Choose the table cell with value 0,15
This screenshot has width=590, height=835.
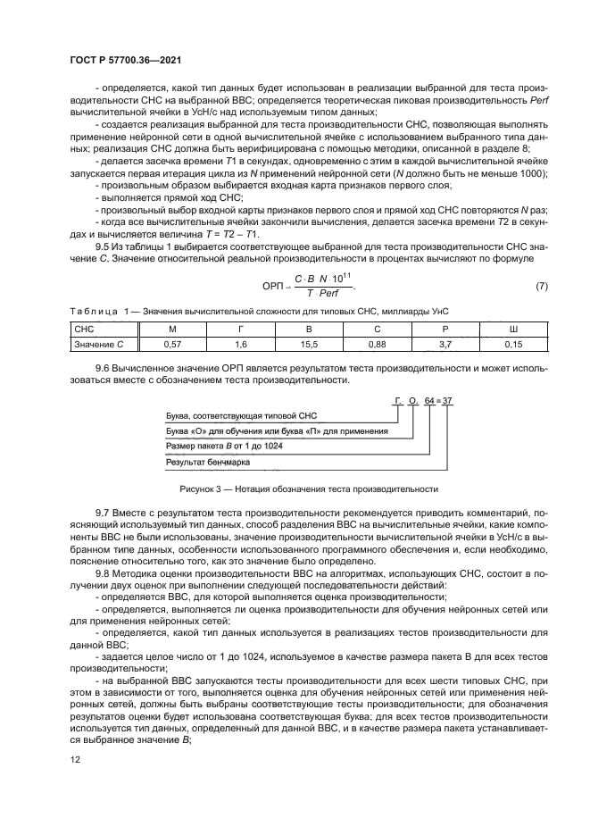click(x=513, y=343)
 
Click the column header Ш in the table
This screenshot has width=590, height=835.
click(x=513, y=329)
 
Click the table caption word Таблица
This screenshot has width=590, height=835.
click(x=88, y=310)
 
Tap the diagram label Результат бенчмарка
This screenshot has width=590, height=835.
click(x=208, y=462)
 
